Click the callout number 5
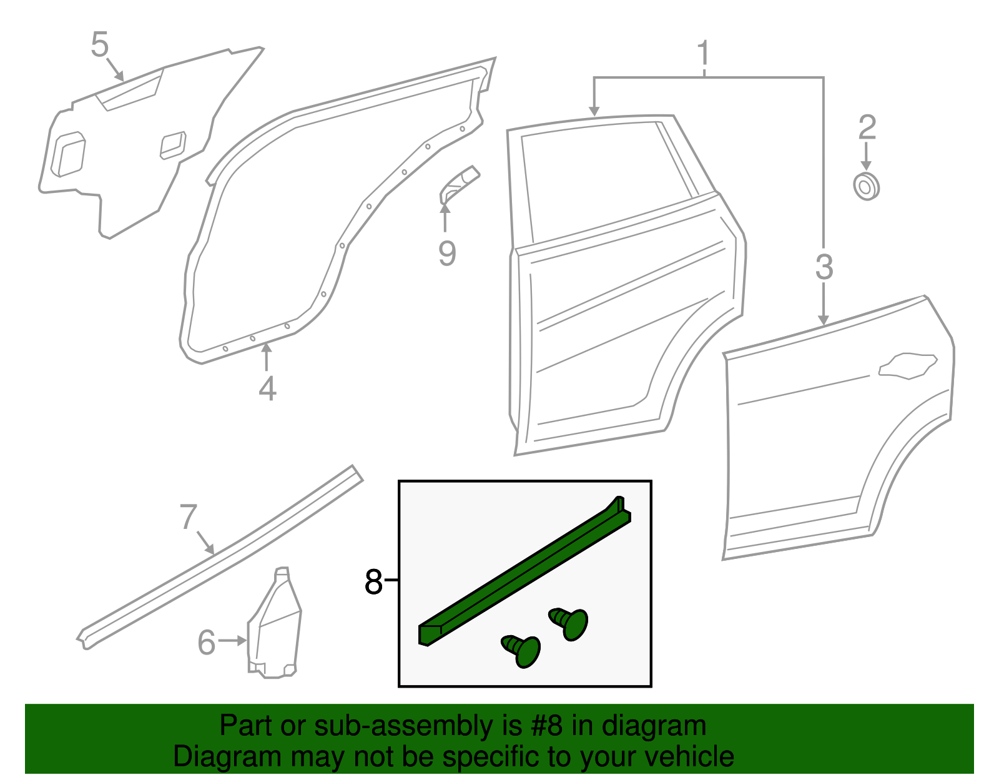click(x=100, y=45)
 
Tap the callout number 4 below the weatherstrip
click(x=267, y=388)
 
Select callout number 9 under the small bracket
click(x=447, y=253)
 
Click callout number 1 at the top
click(x=704, y=53)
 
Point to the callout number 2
click(x=867, y=127)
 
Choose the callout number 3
click(x=824, y=267)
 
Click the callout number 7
click(x=189, y=517)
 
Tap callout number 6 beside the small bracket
click(x=207, y=642)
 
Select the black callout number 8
click(x=373, y=582)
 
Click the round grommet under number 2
click(x=866, y=186)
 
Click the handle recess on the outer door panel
click(x=908, y=366)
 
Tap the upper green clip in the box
click(x=571, y=623)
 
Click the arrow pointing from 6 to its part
click(x=233, y=641)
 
